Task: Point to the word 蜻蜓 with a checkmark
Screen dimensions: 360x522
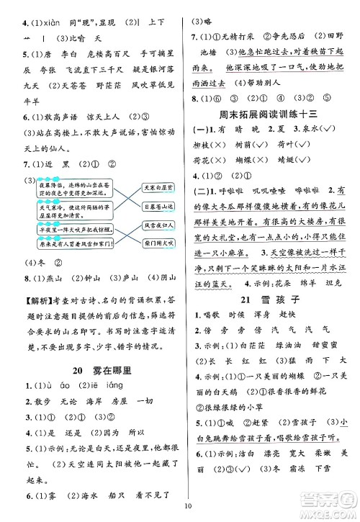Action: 294,163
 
